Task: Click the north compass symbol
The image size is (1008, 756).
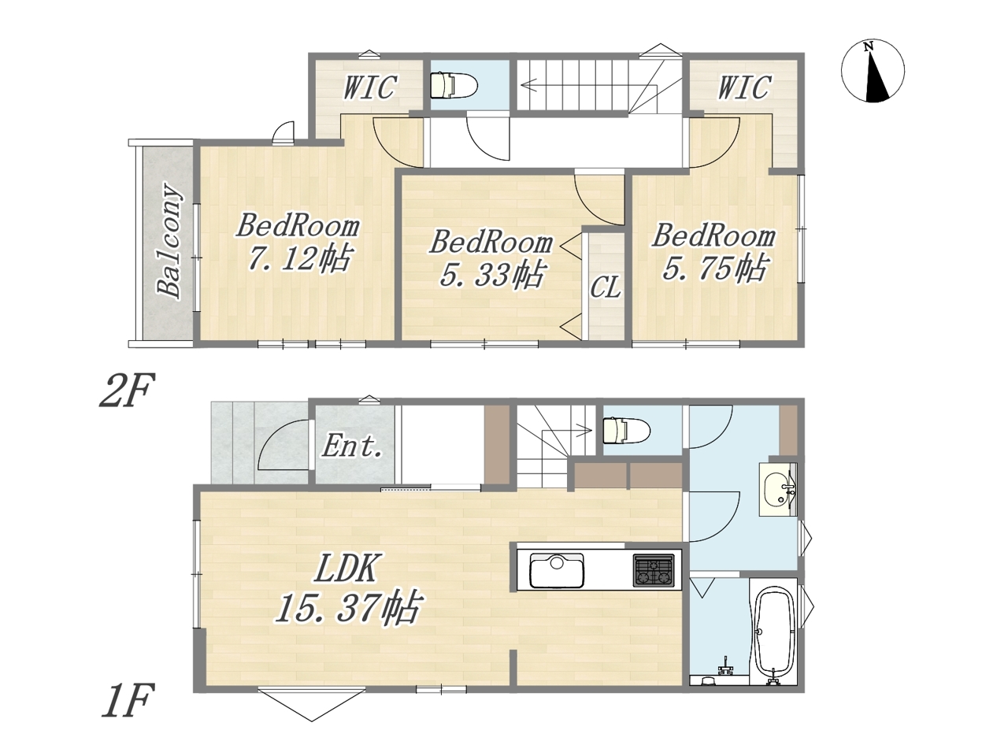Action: [873, 71]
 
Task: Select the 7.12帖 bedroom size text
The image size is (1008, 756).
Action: [299, 258]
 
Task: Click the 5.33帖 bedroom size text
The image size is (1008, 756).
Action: [492, 275]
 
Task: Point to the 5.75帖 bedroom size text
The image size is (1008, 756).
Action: [714, 268]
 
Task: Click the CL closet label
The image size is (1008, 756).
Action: [606, 287]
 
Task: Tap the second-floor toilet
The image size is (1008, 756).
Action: [454, 84]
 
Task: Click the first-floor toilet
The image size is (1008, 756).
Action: [626, 430]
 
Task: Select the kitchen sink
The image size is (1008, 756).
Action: [557, 571]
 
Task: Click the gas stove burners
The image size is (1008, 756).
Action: [654, 571]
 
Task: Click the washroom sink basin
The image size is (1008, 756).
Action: [777, 490]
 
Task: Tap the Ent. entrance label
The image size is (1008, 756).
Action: [352, 446]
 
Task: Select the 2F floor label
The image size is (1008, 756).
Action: [127, 390]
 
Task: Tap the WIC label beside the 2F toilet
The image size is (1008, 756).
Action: [370, 87]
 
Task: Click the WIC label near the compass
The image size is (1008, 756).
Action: [744, 87]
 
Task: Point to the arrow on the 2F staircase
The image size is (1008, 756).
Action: [573, 84]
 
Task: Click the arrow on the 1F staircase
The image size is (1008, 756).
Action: [567, 431]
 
